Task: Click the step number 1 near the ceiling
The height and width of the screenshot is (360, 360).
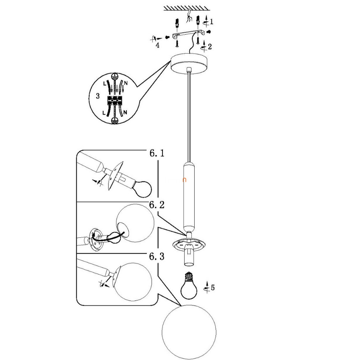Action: coord(211,22)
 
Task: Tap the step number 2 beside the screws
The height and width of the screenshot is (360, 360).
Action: coord(210,47)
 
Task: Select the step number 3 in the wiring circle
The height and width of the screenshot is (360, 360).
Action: coord(98,96)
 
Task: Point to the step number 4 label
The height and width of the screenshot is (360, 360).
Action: coord(158,45)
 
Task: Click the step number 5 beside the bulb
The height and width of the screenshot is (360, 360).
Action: coord(212,287)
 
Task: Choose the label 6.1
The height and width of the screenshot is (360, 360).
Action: coord(157,153)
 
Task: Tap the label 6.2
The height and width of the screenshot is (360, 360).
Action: coord(157,205)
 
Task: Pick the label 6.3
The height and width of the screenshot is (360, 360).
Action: coord(157,256)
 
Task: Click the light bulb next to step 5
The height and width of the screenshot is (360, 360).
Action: coord(189,286)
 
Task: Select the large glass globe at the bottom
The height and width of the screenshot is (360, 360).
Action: coord(189,332)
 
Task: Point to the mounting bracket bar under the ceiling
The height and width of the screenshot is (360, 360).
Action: coord(188,34)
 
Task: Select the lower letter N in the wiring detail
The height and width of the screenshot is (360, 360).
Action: coord(125,112)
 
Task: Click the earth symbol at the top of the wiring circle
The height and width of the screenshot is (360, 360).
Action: coord(114,76)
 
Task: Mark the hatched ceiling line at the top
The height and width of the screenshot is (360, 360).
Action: coord(187,8)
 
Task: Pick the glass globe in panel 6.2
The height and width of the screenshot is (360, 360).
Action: coord(135,223)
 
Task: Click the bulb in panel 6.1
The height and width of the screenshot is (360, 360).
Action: coord(142,189)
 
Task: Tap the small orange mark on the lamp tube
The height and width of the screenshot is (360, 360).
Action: coord(184,180)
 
